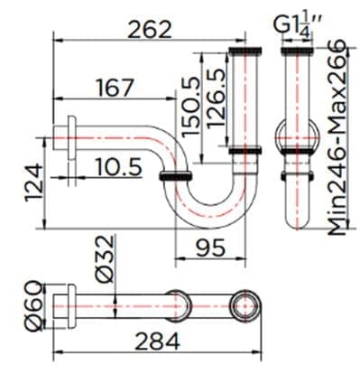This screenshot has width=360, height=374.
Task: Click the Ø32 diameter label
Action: (x=101, y=260)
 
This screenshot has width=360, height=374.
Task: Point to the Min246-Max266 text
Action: (x=337, y=136)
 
